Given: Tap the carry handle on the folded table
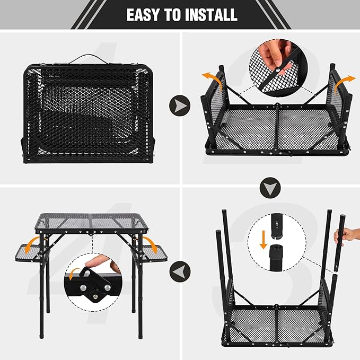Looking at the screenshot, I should pos(87,58).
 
